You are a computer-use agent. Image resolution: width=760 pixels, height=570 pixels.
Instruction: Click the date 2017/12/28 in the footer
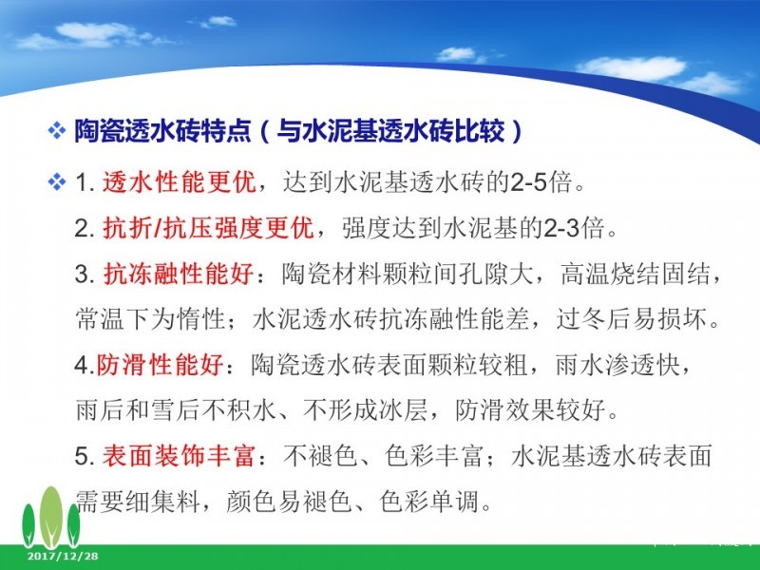pos(63,556)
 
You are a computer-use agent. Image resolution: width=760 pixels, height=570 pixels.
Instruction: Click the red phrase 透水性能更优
pos(180,182)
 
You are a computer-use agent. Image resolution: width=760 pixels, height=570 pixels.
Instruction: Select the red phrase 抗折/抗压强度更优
pos(209,228)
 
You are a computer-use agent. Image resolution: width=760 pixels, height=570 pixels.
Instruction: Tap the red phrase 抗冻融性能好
pos(179,274)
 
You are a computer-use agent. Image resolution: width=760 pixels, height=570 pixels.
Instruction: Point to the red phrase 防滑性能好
pos(160,365)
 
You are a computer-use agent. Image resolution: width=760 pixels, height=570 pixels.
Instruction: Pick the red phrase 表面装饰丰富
pos(179,456)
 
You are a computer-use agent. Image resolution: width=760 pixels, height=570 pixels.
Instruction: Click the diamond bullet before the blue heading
pos(57,130)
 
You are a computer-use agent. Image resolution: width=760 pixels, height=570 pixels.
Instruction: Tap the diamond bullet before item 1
pos(57,182)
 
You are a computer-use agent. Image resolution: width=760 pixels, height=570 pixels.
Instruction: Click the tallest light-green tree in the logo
pos(50,518)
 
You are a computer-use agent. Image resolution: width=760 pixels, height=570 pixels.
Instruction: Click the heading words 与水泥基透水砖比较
pos(390,130)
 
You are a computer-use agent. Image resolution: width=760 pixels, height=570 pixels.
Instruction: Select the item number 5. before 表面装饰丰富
pos(85,457)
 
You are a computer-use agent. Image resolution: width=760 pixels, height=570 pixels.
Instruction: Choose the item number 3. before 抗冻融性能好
pos(85,275)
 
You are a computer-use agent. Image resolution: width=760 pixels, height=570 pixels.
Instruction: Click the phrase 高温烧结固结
pos(635,274)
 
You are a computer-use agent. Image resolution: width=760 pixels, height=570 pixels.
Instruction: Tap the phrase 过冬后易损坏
pos(632,319)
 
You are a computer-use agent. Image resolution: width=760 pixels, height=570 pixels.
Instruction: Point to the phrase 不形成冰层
pos(365,410)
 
